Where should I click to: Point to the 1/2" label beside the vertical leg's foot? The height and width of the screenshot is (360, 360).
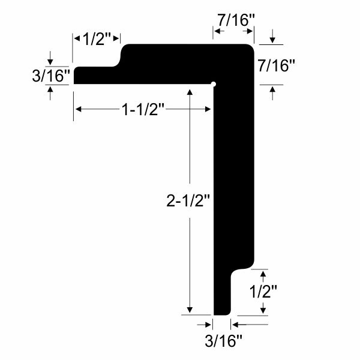(263, 292)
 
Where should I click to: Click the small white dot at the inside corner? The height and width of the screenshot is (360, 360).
(213, 85)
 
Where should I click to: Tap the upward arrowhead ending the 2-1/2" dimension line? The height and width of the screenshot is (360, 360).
(190, 92)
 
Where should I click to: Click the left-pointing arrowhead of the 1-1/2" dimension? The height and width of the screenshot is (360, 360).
(79, 109)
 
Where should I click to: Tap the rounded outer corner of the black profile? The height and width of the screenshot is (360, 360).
(249, 47)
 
